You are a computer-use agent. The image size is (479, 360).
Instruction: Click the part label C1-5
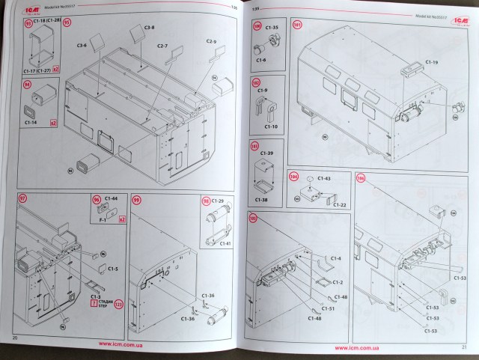tap(112, 269)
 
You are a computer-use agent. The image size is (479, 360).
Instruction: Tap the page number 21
tap(464, 347)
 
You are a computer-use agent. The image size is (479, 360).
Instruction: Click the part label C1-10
tap(261, 127)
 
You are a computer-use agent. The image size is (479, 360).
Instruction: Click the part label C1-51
tap(327, 308)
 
